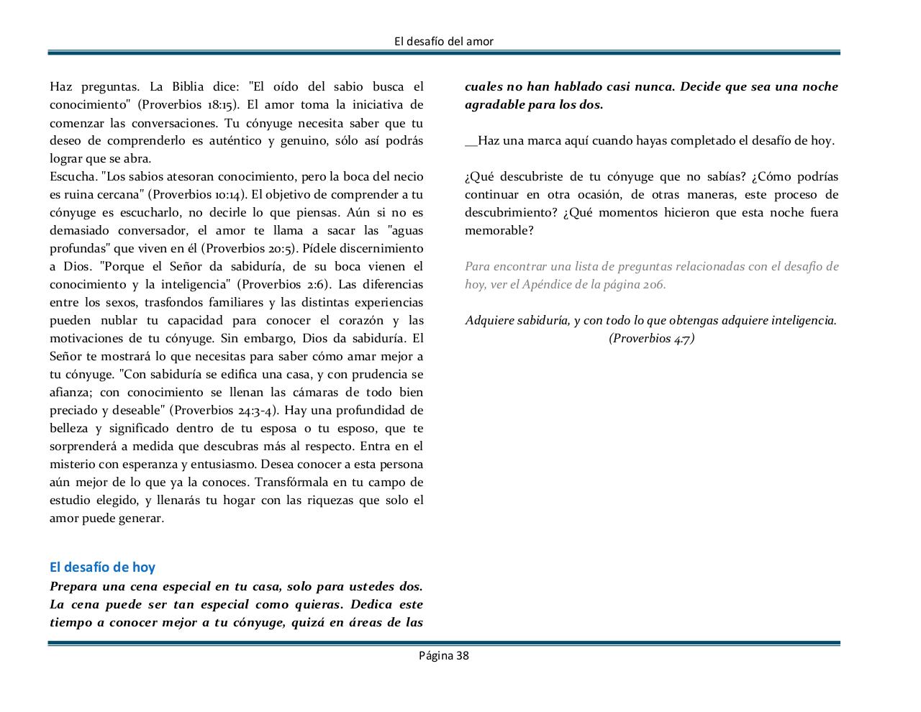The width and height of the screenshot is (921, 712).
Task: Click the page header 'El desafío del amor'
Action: pos(444,41)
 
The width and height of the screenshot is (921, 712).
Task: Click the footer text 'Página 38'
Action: pos(444,655)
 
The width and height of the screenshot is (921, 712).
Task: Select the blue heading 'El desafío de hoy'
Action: pos(102,567)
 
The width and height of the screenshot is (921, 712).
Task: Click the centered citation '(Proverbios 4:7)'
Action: pos(651,338)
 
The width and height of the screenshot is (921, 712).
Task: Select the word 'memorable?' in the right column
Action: pos(499,230)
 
